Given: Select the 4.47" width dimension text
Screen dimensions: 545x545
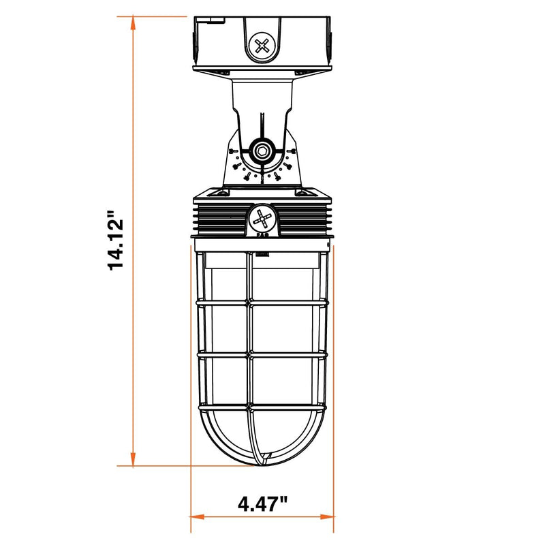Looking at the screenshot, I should click(x=262, y=505).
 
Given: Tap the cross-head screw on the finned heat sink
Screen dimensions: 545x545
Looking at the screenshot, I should click(x=262, y=219).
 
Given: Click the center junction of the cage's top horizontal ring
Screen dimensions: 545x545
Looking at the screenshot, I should click(x=249, y=300).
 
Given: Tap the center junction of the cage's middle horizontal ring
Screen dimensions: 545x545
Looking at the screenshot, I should click(x=249, y=354).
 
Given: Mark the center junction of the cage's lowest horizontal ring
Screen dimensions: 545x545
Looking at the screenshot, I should click(x=249, y=409).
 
